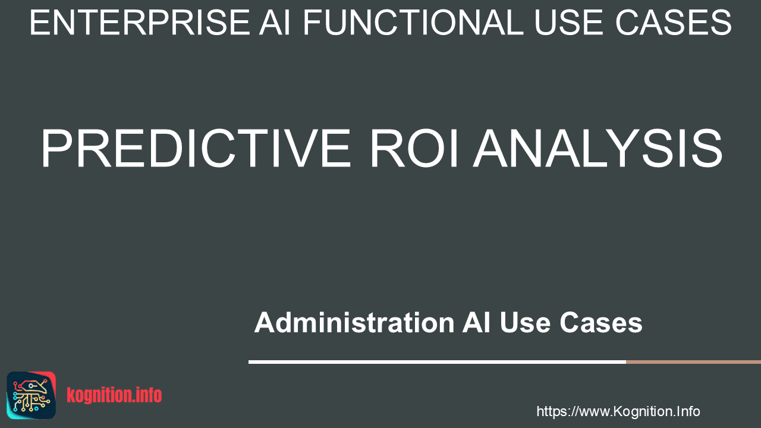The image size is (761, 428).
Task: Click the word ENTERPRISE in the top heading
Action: pyautogui.click(x=140, y=23)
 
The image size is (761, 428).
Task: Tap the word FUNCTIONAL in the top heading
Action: pyautogui.click(x=413, y=23)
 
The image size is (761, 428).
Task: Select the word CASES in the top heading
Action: pyautogui.click(x=674, y=23)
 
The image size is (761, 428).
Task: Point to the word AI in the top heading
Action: pyautogui.click(x=275, y=23)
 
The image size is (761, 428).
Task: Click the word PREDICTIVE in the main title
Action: pyautogui.click(x=196, y=149)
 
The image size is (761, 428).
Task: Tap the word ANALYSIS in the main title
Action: pyautogui.click(x=598, y=149)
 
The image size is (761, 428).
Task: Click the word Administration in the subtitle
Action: pyautogui.click(x=354, y=322)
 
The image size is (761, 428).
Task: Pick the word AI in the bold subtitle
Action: pyautogui.click(x=476, y=322)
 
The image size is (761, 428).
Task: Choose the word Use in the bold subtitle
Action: pyautogui.click(x=525, y=323)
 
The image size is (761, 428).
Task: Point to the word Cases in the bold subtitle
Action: pyautogui.click(x=601, y=323)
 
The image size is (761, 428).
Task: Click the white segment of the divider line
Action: pyautogui.click(x=437, y=362)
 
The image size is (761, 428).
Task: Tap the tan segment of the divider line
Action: pyautogui.click(x=693, y=362)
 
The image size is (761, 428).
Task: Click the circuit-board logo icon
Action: pyautogui.click(x=32, y=395)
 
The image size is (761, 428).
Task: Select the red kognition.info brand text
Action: pyautogui.click(x=114, y=395)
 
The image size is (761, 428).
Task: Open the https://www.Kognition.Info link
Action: pyautogui.click(x=618, y=412)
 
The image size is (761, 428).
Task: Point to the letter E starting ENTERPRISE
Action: pyautogui.click(x=39, y=23)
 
